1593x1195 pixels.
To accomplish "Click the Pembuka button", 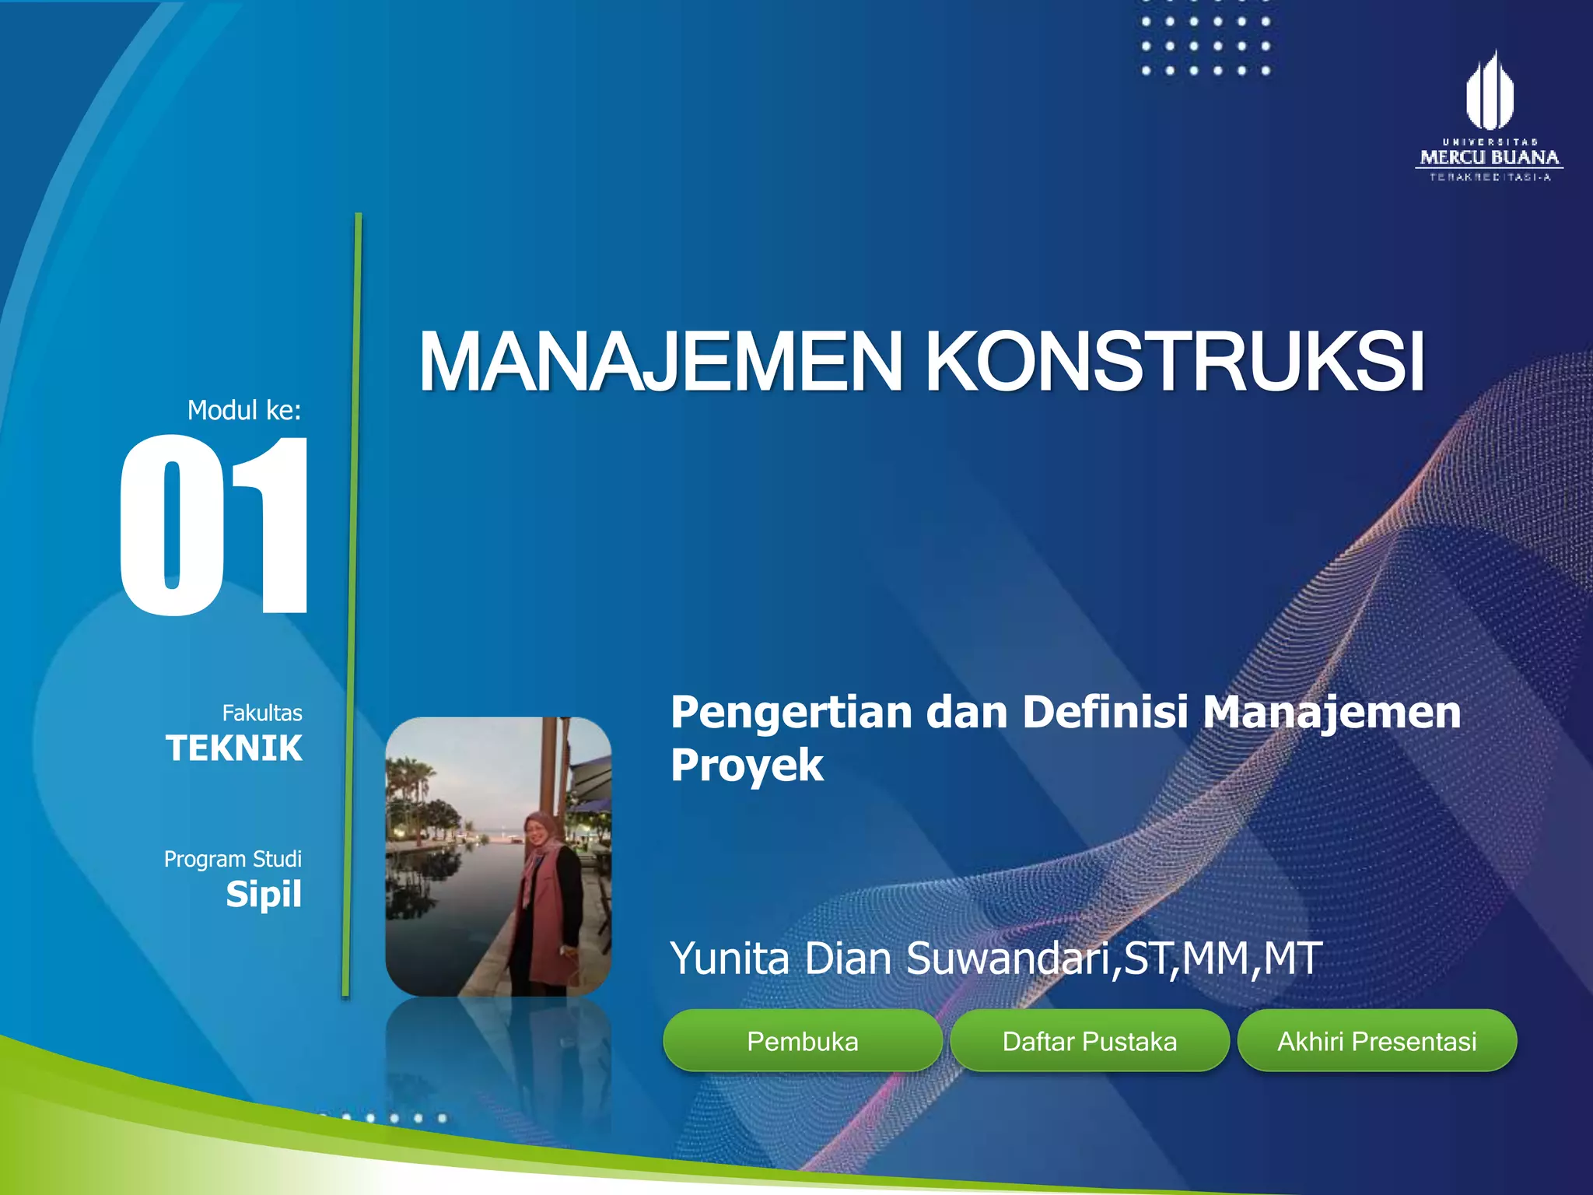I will point(802,1041).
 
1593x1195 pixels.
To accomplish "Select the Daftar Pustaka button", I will point(1089,1041).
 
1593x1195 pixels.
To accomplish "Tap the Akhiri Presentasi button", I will point(1376,1041).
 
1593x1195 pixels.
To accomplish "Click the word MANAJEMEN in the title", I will point(660,363).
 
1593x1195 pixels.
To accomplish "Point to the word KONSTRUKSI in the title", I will point(1175,363).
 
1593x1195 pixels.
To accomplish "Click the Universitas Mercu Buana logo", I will point(1490,117).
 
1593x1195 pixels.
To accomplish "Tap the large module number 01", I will point(215,526).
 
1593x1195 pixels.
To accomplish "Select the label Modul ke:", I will point(244,410).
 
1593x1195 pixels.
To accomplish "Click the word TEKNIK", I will point(234,748).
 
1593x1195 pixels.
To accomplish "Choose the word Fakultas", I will point(262,713).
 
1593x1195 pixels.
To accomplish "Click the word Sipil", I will point(264,895).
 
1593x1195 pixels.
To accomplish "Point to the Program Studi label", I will point(233,859).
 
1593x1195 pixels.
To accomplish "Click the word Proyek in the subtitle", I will point(747,766).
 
